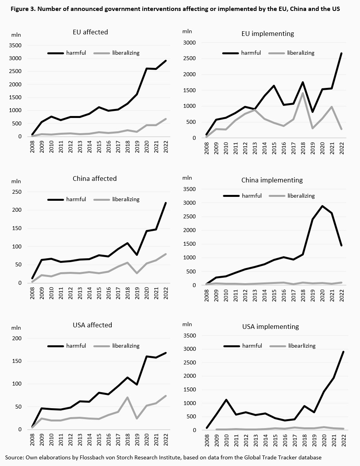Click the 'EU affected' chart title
click(x=90, y=32)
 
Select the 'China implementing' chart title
click(x=272, y=180)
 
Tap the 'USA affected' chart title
click(x=92, y=325)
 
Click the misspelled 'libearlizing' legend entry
click(x=301, y=346)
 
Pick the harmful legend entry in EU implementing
click(x=251, y=53)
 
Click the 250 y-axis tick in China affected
click(x=18, y=192)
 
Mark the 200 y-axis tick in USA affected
click(x=18, y=338)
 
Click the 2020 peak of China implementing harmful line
click(x=322, y=206)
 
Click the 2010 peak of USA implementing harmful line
click(x=226, y=400)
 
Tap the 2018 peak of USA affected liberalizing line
click(x=127, y=398)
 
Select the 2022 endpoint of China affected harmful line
click(x=166, y=203)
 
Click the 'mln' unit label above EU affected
click(x=16, y=35)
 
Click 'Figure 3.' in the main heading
click(x=18, y=9)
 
